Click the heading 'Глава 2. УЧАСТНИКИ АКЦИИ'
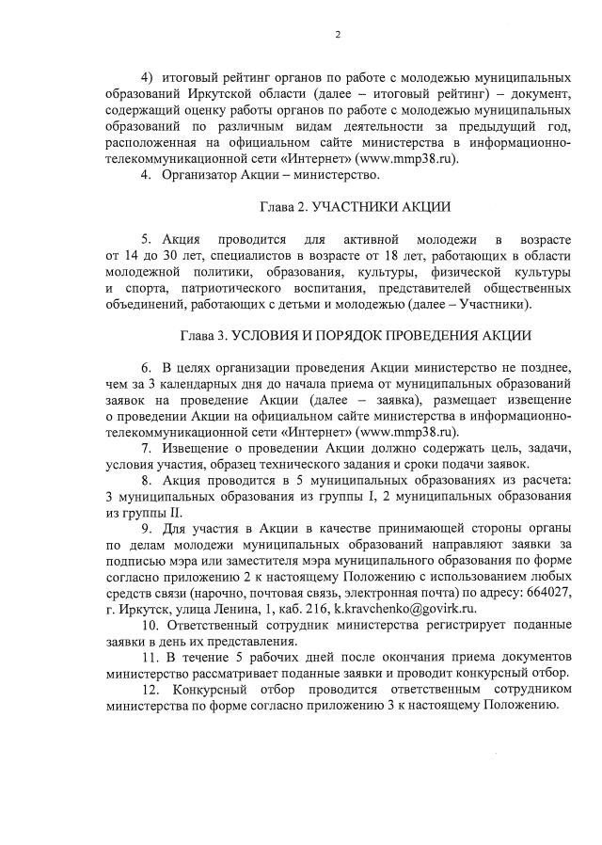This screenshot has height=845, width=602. [341, 207]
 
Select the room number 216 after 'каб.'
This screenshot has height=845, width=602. [304, 610]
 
